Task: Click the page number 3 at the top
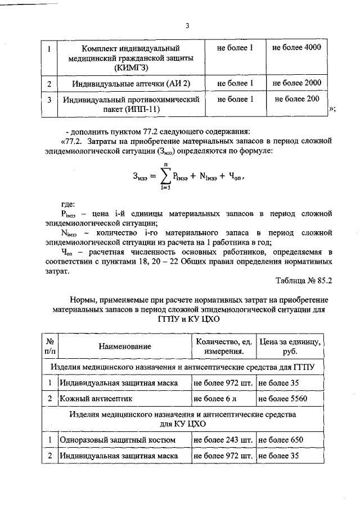click(187, 25)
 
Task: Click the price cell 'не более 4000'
click(296, 48)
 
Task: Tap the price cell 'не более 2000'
click(296, 83)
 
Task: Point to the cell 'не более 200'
click(296, 99)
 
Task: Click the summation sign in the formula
click(166, 177)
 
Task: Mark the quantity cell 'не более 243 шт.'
click(223, 439)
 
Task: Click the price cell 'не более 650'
click(280, 439)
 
